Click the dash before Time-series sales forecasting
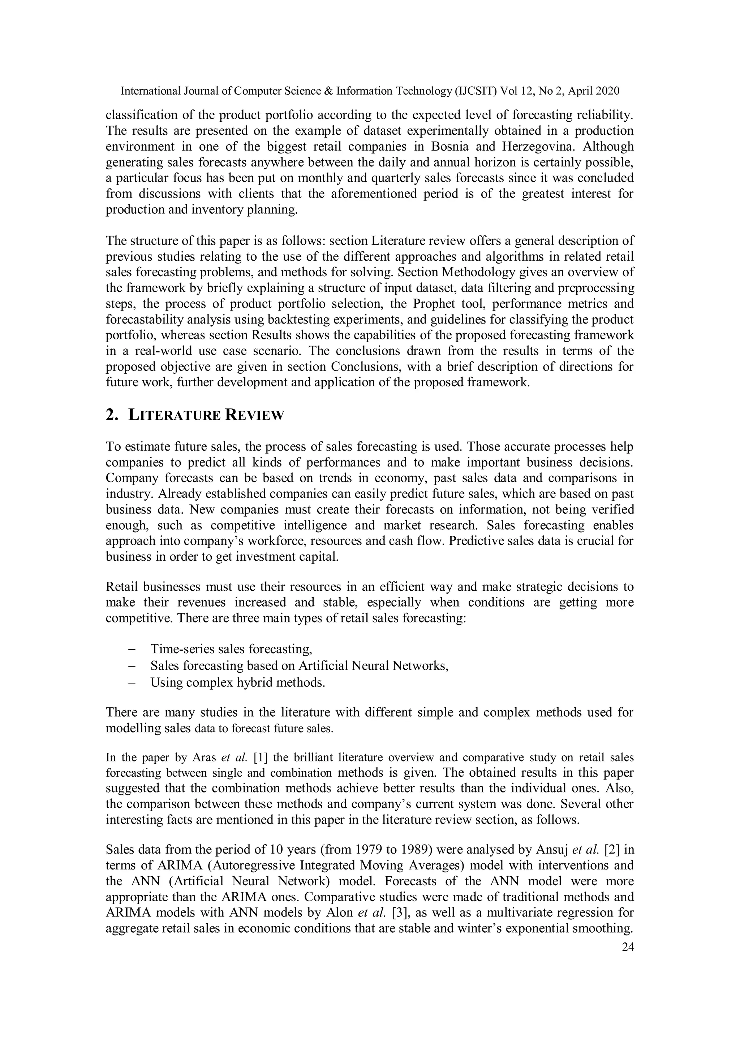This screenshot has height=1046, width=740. (x=133, y=649)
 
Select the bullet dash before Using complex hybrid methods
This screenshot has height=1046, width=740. (x=133, y=682)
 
